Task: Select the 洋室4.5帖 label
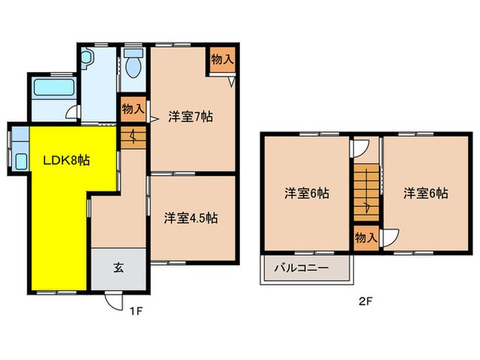coord(191,219)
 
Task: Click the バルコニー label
coord(302,268)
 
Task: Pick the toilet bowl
coord(133,66)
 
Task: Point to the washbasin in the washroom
coord(86,60)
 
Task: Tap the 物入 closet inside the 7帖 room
coord(222,60)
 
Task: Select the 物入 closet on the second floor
coord(365,237)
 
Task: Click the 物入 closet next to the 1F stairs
coord(132,108)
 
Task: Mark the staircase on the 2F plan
coord(365,192)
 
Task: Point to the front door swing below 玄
coord(112,300)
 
